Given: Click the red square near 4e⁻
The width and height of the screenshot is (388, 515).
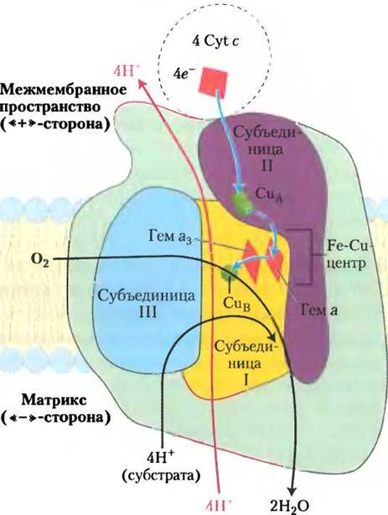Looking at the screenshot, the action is (x=214, y=81).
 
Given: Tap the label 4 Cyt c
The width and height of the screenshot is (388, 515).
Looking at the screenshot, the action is (x=215, y=42).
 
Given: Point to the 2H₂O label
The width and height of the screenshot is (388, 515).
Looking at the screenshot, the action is (x=289, y=507).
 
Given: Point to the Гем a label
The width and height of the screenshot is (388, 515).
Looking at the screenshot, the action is (x=319, y=310).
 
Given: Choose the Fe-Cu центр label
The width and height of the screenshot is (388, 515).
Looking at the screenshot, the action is (x=348, y=254).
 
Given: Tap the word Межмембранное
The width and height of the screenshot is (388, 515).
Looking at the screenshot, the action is (x=64, y=90).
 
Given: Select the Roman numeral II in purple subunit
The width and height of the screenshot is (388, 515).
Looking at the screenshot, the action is (x=266, y=165).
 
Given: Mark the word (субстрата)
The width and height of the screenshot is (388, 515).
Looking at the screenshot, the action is (x=161, y=476).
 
